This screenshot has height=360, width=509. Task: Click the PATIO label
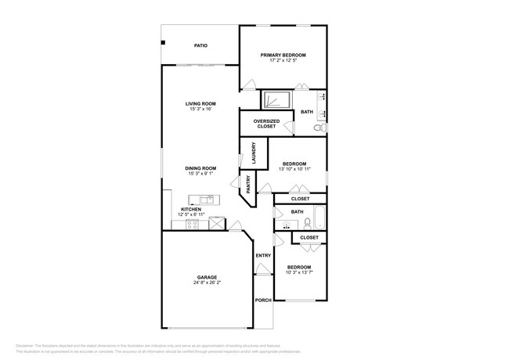pos(200,46)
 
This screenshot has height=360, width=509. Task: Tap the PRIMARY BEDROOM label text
pos(283,55)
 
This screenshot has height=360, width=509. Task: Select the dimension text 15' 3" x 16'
pos(200,109)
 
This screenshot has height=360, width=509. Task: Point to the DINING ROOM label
pos(200,167)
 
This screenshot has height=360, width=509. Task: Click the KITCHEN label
pos(192,209)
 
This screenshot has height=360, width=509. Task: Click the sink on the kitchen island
pos(205,200)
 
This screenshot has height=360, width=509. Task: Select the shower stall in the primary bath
pos(276,101)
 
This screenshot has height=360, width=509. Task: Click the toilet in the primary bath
pos(320,127)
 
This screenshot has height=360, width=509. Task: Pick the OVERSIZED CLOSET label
pos(266,124)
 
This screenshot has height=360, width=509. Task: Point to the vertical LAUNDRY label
pos(254,152)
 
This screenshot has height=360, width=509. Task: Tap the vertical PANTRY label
pos(248,185)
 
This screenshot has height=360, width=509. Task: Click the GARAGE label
pos(207,277)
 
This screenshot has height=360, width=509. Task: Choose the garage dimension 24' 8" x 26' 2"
pos(207,283)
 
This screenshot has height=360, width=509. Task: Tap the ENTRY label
pos(262,256)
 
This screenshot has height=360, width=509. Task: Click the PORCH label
pos(262,301)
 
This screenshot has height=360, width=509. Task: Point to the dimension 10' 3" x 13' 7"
pos(298,272)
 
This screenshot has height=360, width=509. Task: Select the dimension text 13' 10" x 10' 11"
pos(294,169)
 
